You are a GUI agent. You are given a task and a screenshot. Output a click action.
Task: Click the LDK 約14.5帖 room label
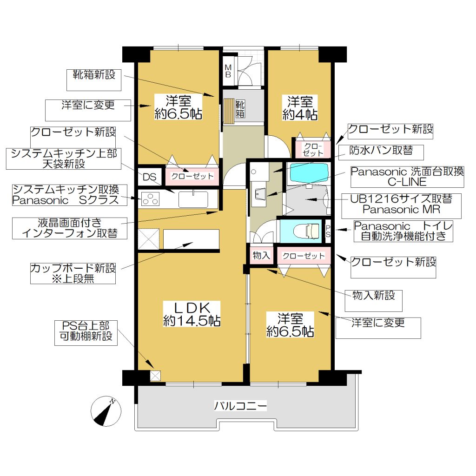[x=192, y=314]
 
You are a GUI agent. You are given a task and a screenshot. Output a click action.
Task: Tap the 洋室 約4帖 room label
[x=300, y=108]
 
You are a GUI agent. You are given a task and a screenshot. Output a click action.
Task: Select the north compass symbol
[x=106, y=411]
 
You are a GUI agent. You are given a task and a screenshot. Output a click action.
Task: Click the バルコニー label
[x=240, y=405]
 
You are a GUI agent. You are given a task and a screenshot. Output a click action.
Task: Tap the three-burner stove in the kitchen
[x=151, y=199]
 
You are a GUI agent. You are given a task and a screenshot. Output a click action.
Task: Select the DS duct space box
[x=149, y=177]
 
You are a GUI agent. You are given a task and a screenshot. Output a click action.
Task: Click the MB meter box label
[x=228, y=71]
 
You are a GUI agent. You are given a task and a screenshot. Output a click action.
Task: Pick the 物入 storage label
[x=261, y=255]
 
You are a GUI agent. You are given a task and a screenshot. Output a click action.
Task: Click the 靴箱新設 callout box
[x=94, y=80]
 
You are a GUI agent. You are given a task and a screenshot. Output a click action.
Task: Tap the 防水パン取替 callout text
[x=381, y=151]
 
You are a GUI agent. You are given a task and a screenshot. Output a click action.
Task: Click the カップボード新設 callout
[x=73, y=273]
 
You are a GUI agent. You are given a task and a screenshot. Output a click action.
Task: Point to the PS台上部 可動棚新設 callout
[x=86, y=333]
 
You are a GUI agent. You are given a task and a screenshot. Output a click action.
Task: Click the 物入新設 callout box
[x=373, y=301]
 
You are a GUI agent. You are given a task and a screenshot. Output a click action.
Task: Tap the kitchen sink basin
[x=193, y=199]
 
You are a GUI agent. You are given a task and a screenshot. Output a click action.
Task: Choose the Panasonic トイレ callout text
[x=403, y=231]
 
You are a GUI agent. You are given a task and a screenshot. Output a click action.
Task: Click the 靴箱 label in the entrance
[x=240, y=109]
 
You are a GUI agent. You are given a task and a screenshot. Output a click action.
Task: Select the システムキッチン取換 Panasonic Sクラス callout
[x=70, y=195]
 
